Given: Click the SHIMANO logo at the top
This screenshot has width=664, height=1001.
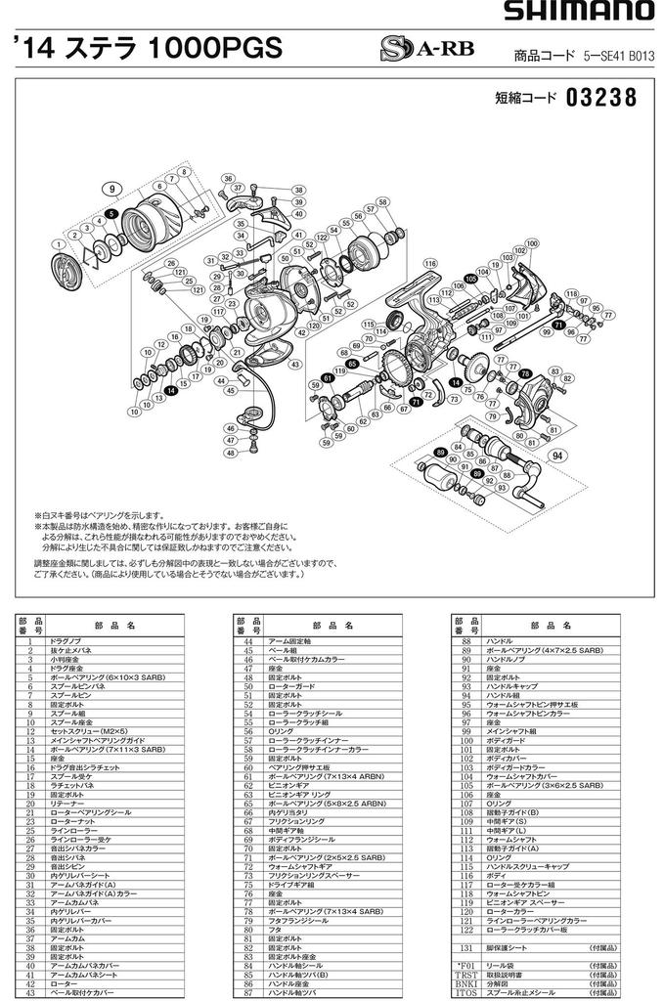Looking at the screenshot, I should click(x=580, y=11).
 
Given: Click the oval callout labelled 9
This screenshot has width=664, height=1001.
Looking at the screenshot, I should click(x=113, y=188).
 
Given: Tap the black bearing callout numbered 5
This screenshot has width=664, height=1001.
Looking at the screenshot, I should click(x=112, y=212).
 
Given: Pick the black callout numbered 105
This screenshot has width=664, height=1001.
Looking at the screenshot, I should click(x=470, y=279).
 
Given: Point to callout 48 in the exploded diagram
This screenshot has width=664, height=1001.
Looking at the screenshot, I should click(x=230, y=455).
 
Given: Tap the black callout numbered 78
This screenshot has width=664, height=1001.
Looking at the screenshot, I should click(x=525, y=373).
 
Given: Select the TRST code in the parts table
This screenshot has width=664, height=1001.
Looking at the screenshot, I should click(x=467, y=974).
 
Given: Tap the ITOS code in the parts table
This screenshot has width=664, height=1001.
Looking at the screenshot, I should click(x=467, y=991).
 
